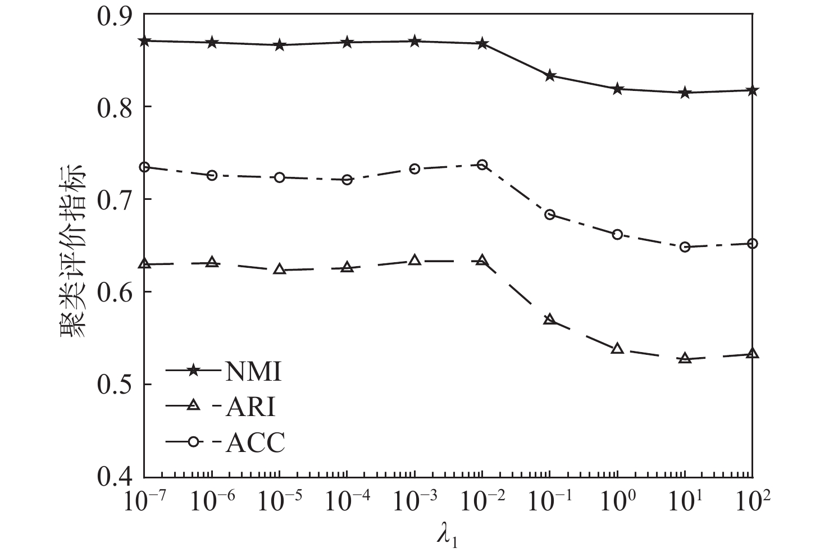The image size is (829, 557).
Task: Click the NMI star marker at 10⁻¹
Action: click(x=550, y=76)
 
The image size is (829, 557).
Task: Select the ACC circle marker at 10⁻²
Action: click(x=482, y=165)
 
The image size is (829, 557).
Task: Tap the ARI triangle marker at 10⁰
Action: click(x=617, y=349)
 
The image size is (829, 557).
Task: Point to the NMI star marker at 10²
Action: click(x=753, y=90)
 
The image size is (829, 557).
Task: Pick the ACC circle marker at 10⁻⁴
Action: click(x=347, y=180)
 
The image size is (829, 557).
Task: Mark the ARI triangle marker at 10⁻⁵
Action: click(x=279, y=270)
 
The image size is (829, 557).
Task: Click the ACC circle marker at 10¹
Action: click(x=685, y=247)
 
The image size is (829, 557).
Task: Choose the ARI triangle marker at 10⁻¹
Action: click(x=550, y=319)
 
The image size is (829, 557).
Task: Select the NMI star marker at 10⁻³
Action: click(x=414, y=42)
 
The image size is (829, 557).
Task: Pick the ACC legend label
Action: click(x=256, y=443)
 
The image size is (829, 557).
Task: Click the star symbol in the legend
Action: click(x=193, y=371)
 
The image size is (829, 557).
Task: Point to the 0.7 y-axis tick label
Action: click(x=116, y=199)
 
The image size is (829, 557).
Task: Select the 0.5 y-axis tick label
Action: click(x=116, y=385)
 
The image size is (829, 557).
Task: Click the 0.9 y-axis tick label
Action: click(x=116, y=15)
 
